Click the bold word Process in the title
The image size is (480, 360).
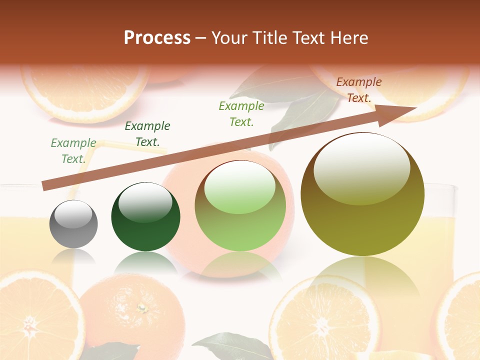157,37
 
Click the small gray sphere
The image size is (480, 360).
73,224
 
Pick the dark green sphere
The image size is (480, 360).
145,217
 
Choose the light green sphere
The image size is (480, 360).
240,206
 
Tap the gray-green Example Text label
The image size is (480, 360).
73,151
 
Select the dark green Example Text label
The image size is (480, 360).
147,134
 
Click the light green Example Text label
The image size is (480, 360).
241,113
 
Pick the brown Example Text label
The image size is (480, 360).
359,90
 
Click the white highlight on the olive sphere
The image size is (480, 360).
362,168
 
